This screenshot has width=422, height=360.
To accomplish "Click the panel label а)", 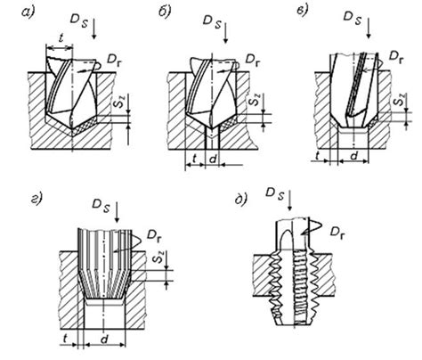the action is [x=28, y=12].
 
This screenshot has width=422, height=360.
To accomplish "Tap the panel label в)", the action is [x=303, y=10].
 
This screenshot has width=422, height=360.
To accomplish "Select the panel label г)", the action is [x=37, y=198].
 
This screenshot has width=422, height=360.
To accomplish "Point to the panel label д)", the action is [x=240, y=199].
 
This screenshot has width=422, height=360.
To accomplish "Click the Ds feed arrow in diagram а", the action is [x=94, y=29].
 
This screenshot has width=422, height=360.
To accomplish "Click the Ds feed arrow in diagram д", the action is [x=289, y=201].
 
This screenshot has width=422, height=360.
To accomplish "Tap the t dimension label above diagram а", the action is [x=61, y=38].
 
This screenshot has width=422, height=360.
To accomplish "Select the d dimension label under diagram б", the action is [x=213, y=160].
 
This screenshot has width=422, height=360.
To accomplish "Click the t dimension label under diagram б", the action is [x=195, y=159].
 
